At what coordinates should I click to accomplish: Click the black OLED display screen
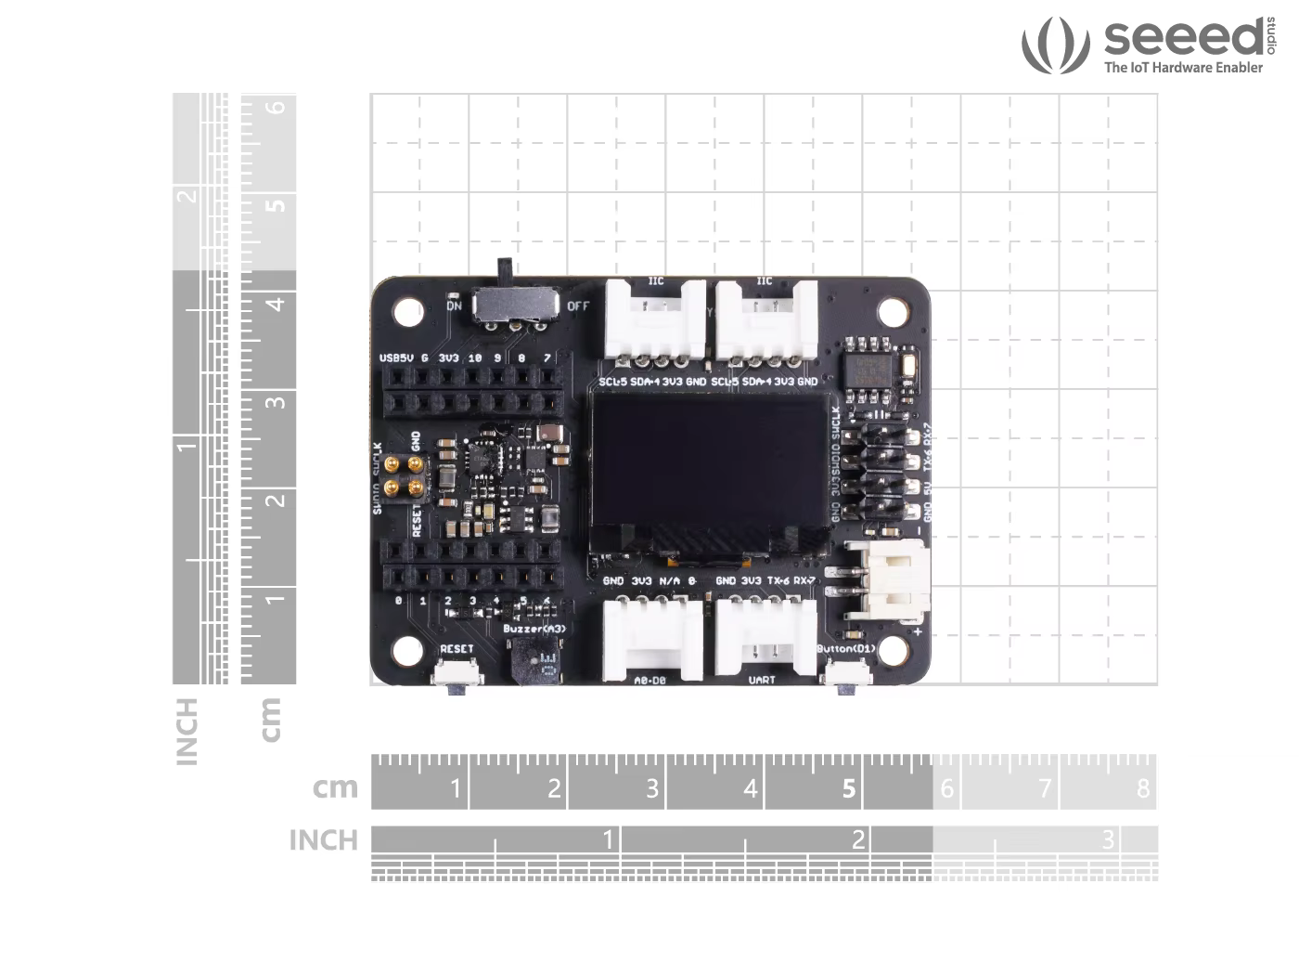pos(710,460)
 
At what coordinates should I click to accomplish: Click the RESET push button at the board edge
pos(457,672)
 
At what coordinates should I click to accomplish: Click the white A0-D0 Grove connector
pos(653,638)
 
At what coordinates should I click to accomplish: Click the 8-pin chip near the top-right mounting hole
pos(870,366)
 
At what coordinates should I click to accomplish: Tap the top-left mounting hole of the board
pos(408,312)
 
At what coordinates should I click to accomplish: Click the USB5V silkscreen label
pos(396,357)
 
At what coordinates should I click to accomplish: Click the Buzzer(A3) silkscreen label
pos(534,629)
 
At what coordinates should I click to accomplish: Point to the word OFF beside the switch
pos(578,305)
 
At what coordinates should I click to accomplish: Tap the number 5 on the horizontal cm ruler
pos(849,789)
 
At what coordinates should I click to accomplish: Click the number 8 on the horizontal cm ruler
pos(1142,789)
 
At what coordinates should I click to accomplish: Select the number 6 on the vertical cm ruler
pos(276,107)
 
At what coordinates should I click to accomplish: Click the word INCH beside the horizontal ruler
pos(323,840)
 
